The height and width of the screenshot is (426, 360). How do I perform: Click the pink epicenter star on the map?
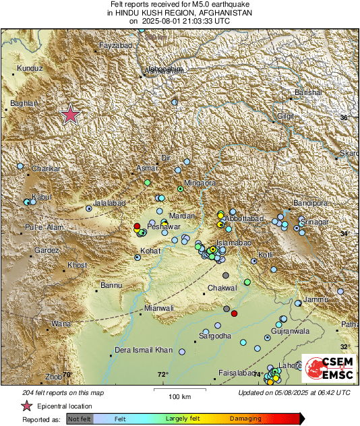70,115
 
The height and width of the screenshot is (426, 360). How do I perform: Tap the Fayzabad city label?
114,45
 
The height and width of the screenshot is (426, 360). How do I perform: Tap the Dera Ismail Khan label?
144,350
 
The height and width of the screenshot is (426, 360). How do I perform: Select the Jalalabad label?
109,202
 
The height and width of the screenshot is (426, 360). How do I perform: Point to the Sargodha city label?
215,336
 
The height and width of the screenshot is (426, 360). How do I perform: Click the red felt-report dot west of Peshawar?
137,226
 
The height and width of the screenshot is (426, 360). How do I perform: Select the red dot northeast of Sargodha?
235,313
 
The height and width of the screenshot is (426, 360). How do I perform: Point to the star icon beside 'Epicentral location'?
27,406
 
